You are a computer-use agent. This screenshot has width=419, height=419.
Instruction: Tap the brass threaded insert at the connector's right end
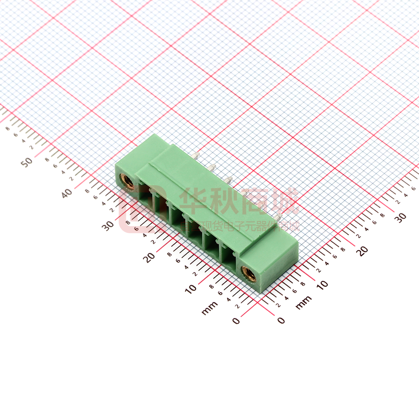pyautogui.click(x=249, y=273)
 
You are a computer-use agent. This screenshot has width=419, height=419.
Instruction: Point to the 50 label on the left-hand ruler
pyautogui.click(x=29, y=162)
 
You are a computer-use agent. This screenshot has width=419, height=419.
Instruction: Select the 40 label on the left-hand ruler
pyautogui.click(x=67, y=193)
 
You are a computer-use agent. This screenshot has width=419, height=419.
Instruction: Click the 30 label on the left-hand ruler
pyautogui.click(x=108, y=225)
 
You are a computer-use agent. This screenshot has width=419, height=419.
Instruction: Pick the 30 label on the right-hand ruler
pyautogui.click(x=400, y=217)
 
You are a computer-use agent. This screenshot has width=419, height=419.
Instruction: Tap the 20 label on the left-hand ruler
pyautogui.click(x=149, y=256)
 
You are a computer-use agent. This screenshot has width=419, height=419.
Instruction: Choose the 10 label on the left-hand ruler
pyautogui.click(x=191, y=288)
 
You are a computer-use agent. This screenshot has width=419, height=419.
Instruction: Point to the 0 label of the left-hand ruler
pyautogui.click(x=236, y=321)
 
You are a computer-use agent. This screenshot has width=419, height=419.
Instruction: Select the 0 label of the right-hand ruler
pyautogui.click(x=281, y=320)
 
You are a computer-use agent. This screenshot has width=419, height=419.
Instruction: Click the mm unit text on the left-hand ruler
pyautogui.click(x=210, y=308)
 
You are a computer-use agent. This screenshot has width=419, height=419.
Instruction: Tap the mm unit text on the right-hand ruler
pyautogui.click(x=303, y=303)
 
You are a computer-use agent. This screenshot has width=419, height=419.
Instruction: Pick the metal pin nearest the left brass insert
pyautogui.click(x=196, y=156)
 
